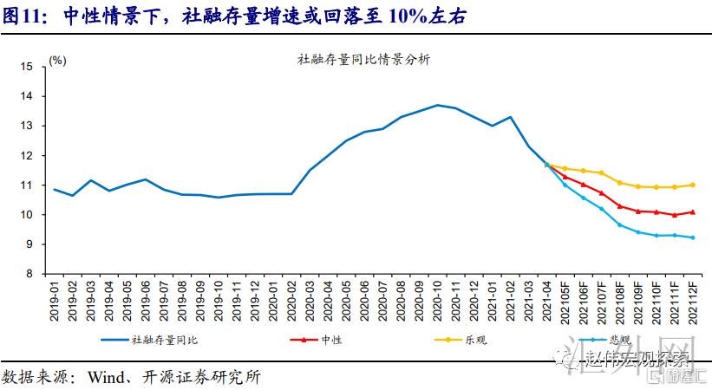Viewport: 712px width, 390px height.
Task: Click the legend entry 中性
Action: [x=330, y=341]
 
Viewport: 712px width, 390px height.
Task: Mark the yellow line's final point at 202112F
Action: [x=692, y=185]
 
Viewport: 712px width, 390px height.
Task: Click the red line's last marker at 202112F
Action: [x=692, y=211]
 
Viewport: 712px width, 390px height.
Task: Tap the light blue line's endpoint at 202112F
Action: [x=692, y=237]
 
